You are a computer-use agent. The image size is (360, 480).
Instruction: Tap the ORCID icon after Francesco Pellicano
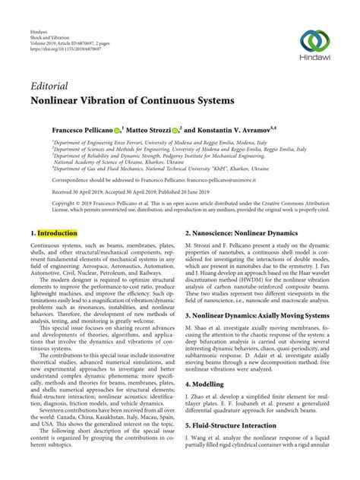(x=117, y=130)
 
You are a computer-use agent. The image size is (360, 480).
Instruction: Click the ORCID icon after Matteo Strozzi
(x=175, y=130)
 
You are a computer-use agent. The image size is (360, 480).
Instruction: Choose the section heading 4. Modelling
(x=209, y=385)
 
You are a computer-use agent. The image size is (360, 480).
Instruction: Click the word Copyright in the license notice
(x=48, y=203)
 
